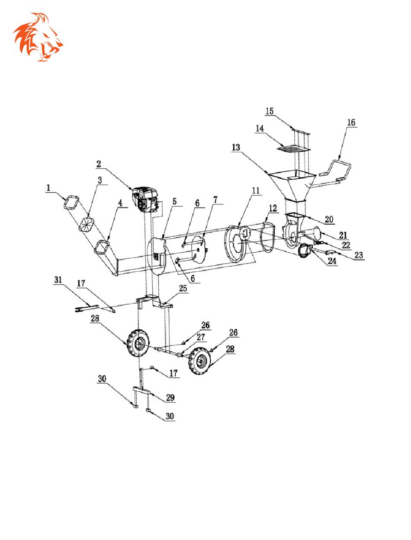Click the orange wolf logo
coord(38,37)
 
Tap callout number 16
coord(351,122)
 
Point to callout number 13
coord(236,148)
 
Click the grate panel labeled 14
coord(293,148)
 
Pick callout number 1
coord(48,188)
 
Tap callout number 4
coord(120,203)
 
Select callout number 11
coord(256,190)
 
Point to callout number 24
coord(332,261)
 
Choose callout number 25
coord(183,288)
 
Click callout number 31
coord(58,280)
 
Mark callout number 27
coord(201,337)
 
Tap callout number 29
coord(170,397)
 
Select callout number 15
coord(270,111)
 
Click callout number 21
coord(343,235)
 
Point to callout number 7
coord(215,200)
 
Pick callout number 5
coord(175,202)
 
